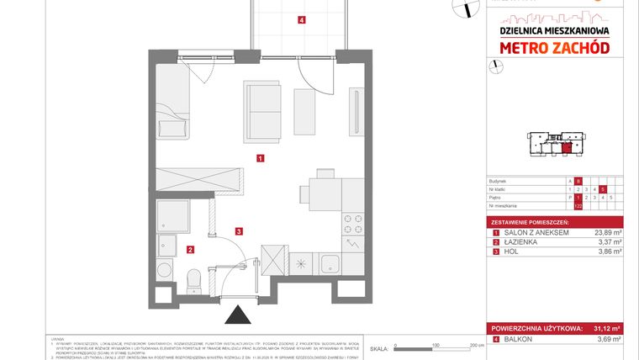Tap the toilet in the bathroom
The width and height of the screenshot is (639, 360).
193,275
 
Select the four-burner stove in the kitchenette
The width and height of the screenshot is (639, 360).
353,223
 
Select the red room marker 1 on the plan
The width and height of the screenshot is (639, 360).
261,157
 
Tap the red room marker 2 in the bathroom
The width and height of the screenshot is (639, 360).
191,249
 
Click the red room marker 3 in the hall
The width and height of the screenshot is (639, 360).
239,231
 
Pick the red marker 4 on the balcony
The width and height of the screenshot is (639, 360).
301,20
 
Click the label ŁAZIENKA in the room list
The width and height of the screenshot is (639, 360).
517,241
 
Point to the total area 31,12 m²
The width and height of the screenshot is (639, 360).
607,328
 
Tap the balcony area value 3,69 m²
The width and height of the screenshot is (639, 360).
607,339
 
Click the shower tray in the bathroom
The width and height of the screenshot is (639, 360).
174,215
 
